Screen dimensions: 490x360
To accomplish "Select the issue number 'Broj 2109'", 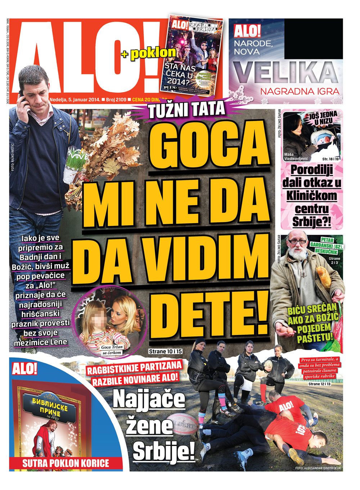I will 116,100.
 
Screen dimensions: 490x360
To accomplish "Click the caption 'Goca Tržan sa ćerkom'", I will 112,350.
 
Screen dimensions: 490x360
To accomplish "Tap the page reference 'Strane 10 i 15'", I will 165,351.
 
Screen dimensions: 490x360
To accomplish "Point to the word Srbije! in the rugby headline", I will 164,451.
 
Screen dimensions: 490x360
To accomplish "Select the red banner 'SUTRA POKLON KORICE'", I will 66,463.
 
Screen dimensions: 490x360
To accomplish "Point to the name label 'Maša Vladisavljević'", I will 296,156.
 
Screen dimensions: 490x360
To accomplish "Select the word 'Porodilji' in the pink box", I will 312,170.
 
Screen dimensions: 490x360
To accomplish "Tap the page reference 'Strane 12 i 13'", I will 319,384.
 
